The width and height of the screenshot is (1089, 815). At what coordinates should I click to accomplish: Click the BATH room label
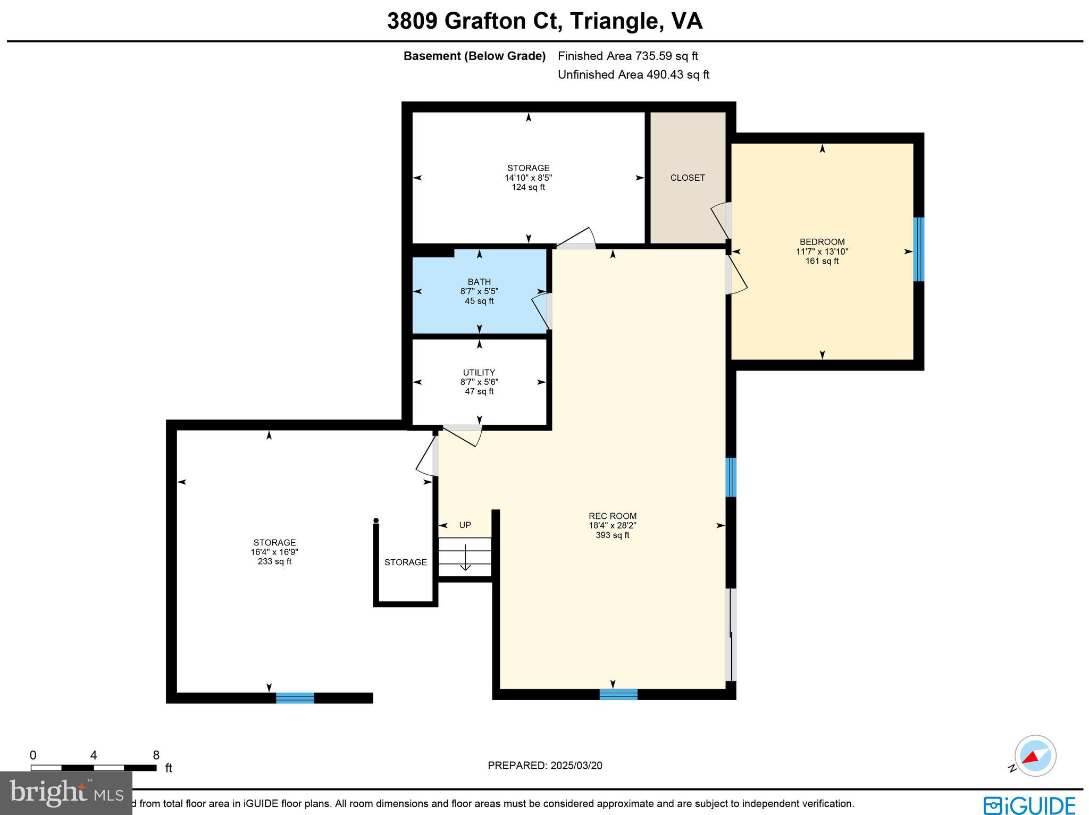(479, 282)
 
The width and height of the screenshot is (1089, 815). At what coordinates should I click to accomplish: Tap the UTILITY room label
(479, 373)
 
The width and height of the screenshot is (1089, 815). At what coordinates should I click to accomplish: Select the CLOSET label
(688, 178)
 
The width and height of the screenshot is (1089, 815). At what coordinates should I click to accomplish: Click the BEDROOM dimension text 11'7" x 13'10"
(822, 251)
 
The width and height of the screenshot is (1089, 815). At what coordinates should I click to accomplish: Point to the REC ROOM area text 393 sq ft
(613, 535)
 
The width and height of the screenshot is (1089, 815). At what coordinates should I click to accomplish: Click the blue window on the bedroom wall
(918, 249)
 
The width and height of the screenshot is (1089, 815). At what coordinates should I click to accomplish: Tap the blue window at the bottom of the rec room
(618, 694)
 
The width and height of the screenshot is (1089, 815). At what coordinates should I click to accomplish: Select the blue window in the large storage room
(295, 698)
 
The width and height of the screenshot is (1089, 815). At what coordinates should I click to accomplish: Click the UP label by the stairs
(465, 525)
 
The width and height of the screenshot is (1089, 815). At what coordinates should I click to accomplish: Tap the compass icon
(1035, 756)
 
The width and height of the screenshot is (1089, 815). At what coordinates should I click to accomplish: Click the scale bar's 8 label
(156, 755)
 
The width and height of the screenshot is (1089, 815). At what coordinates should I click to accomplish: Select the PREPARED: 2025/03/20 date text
(545, 766)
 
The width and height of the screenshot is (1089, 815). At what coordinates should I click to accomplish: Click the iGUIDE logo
(1029, 804)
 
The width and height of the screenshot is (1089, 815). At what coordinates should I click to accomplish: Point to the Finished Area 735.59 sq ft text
(627, 56)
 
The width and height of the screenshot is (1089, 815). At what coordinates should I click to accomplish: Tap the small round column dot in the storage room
(376, 520)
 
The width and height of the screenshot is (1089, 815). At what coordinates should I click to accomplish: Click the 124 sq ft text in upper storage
(528, 187)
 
